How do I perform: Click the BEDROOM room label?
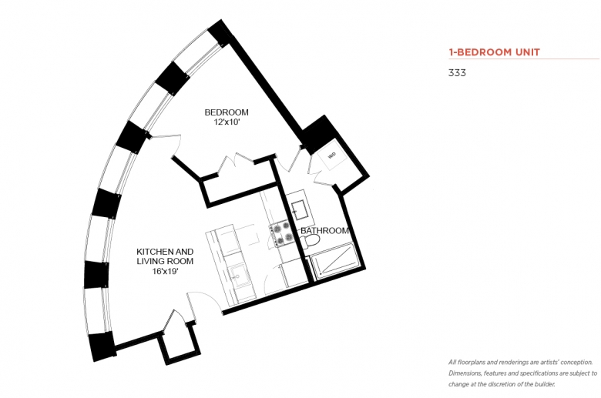(226, 112)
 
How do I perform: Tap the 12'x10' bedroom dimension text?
(227, 122)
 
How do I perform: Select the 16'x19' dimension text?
(165, 271)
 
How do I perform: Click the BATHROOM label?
(324, 231)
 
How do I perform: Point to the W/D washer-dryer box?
(332, 156)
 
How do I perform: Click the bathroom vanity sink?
(300, 209)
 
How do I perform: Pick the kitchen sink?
(239, 275)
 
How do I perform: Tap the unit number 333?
(457, 73)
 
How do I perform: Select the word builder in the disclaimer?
(545, 384)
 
